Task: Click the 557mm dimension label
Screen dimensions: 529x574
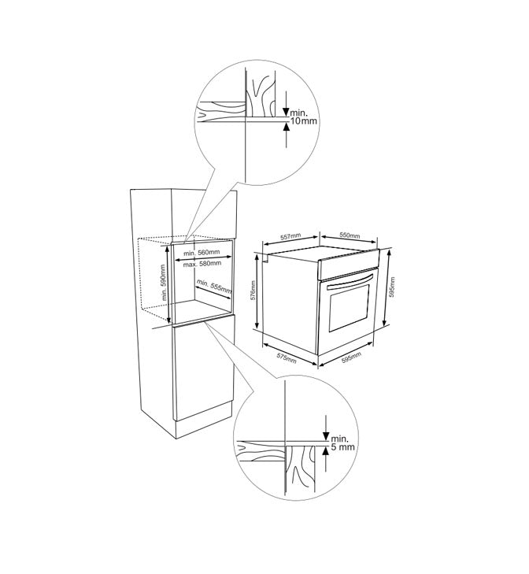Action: (x=290, y=237)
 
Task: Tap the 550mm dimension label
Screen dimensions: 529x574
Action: (x=350, y=235)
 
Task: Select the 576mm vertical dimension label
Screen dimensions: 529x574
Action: (x=253, y=291)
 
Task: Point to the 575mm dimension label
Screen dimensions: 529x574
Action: (x=287, y=358)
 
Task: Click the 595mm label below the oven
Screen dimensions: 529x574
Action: (x=351, y=357)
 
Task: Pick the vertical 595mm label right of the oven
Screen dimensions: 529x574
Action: (x=392, y=287)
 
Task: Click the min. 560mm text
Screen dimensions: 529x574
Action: (x=202, y=253)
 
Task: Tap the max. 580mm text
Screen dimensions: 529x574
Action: (x=202, y=264)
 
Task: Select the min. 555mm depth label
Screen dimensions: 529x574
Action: (x=214, y=287)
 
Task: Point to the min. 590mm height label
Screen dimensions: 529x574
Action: (x=164, y=283)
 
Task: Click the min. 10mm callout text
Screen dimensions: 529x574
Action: (x=304, y=117)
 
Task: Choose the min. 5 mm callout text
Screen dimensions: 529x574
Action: (x=342, y=443)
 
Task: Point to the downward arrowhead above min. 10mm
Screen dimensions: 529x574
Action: (x=286, y=111)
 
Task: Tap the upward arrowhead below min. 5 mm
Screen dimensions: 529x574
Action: (x=325, y=451)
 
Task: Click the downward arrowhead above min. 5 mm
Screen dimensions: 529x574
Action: (x=325, y=435)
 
